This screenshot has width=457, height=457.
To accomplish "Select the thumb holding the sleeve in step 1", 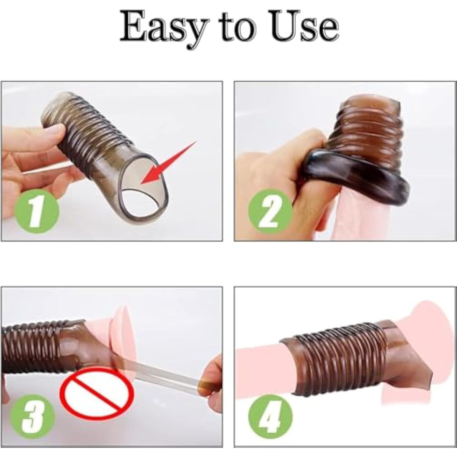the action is click(x=52, y=133).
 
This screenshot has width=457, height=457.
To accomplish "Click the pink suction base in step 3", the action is click(x=122, y=335).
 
